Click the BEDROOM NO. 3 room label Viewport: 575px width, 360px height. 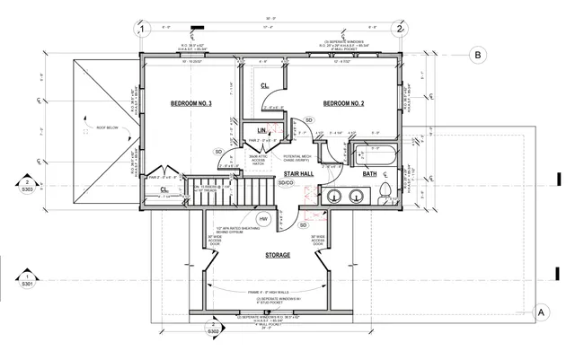click(x=190, y=105)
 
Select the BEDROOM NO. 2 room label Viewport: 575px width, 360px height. click(x=343, y=105)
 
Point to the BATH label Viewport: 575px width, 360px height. click(x=369, y=174)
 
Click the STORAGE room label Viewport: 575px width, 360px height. click(x=277, y=256)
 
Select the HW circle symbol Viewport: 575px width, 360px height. click(x=264, y=218)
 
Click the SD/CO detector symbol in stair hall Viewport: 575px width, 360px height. click(x=286, y=183)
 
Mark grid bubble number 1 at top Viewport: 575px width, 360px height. click(x=141, y=29)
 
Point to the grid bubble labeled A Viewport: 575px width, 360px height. click(x=542, y=312)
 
